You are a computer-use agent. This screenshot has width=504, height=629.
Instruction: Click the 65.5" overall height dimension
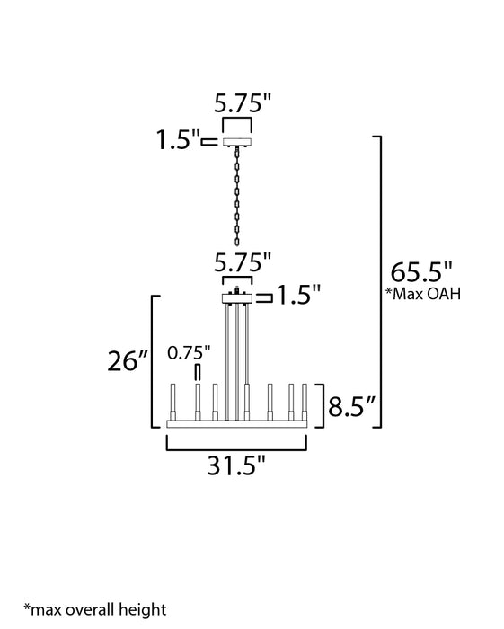[421, 272]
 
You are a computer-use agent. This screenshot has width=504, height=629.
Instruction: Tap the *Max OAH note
[423, 294]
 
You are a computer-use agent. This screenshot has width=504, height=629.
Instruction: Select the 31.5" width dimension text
[236, 465]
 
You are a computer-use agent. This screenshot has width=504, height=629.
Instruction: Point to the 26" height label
[128, 361]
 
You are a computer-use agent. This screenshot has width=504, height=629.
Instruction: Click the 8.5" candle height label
[351, 406]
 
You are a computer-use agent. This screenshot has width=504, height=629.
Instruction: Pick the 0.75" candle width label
[189, 352]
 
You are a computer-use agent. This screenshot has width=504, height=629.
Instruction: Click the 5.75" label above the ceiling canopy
[243, 103]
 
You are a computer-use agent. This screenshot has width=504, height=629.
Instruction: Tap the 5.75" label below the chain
[243, 262]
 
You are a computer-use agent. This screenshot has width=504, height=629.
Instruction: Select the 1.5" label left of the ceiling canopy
[178, 139]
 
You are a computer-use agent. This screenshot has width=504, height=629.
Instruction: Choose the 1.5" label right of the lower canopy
[299, 295]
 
